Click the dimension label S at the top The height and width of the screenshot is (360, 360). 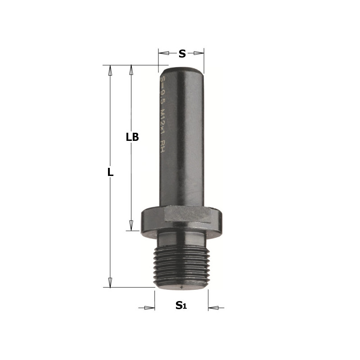pos(182,54)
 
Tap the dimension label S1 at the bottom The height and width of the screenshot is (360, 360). pos(181,306)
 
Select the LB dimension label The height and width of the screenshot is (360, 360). pos(132,138)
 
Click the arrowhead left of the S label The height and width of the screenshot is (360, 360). pos(165,54)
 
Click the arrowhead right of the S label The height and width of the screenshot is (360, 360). pos(198,54)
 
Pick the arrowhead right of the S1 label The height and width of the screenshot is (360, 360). pos(214,308)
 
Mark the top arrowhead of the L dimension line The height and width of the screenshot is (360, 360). pos(109,70)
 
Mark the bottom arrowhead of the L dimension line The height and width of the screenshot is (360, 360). pos(109,282)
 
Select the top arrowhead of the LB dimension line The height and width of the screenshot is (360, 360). pos(131,70)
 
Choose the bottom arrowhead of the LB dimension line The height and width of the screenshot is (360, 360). pos(131,225)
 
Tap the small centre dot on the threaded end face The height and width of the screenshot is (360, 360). pos(181,286)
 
